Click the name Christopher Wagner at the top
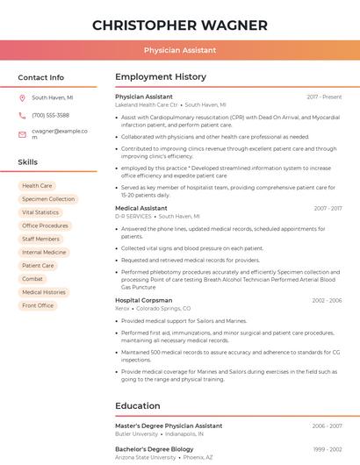pos(180,25)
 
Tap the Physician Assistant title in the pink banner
pos(180,51)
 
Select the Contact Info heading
pos(41,77)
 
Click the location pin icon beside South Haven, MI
pos(22,98)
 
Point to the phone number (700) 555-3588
pos(50,115)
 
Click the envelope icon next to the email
pos(22,134)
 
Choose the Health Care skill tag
pos(37,186)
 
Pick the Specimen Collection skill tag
pos(48,199)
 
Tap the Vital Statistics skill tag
pos(40,212)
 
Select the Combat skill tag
pos(32,279)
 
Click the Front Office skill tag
pos(38,305)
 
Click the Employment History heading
pos(161,77)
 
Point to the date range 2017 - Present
pos(324,97)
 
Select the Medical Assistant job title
pos(140,208)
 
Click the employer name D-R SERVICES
pos(133,216)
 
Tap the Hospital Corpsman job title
pos(144,300)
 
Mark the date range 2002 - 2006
pos(327,300)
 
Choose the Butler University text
pos(136,433)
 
